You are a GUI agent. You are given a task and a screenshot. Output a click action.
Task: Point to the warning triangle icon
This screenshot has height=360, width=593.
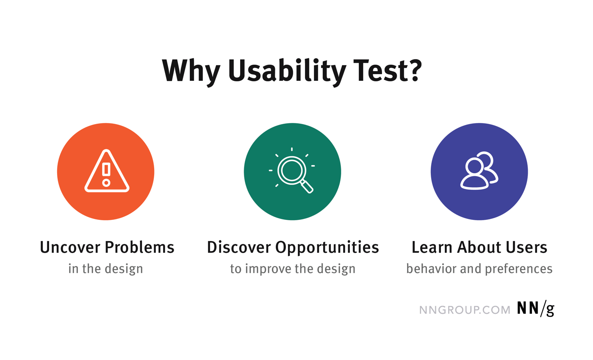(x=106, y=172)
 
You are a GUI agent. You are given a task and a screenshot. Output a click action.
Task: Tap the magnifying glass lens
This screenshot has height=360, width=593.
(x=291, y=170)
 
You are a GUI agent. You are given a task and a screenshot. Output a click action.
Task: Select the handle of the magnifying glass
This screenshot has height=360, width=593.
(x=308, y=187)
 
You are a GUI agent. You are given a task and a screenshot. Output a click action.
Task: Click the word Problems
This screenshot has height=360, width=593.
(x=139, y=247)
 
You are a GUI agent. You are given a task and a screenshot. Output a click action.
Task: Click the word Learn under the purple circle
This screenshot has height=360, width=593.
(x=432, y=247)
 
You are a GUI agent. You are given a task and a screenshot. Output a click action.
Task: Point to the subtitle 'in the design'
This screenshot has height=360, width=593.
(x=105, y=269)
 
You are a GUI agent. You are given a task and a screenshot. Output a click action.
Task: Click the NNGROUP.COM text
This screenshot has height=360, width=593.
(x=465, y=310)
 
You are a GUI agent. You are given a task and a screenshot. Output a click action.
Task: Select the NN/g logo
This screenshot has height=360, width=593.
(x=535, y=310)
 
